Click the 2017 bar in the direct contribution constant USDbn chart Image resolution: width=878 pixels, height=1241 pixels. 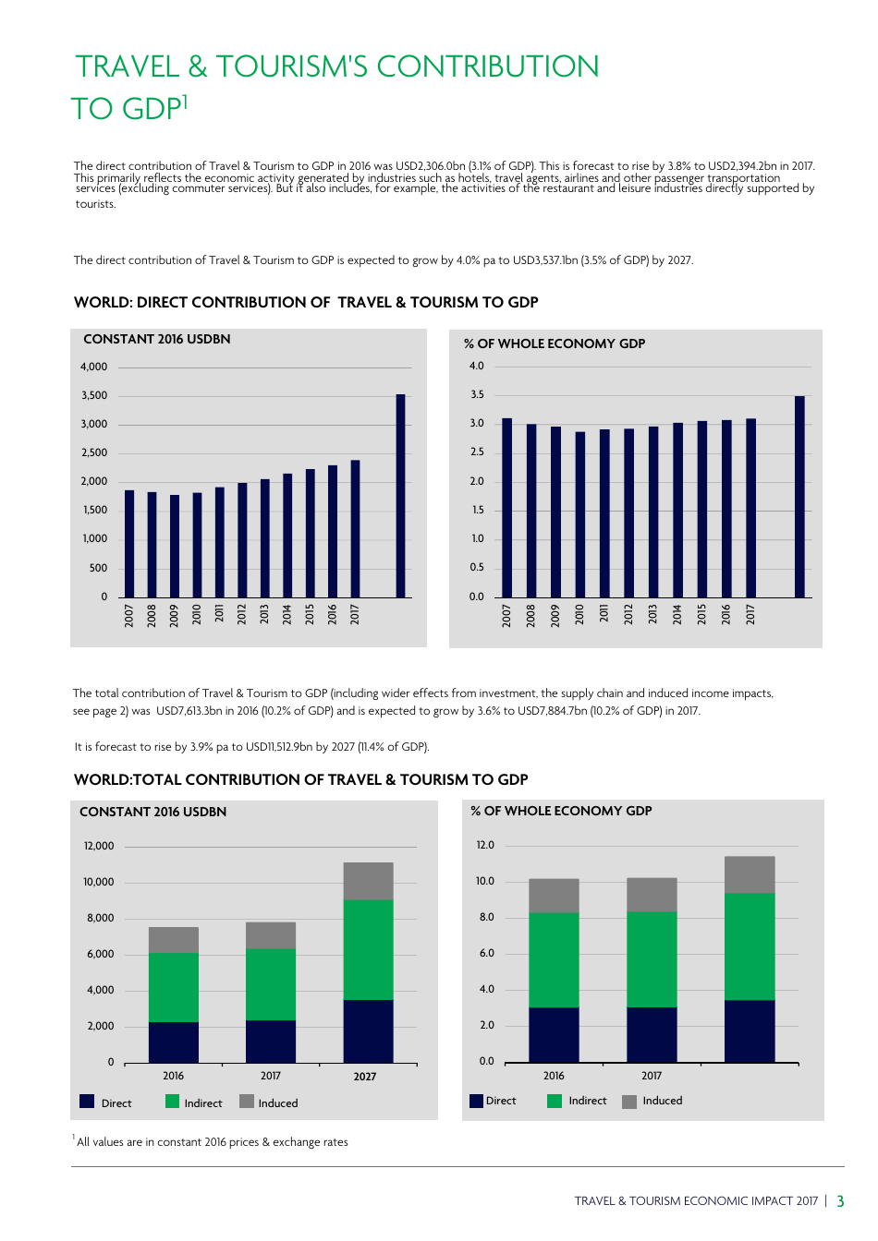pyautogui.click(x=355, y=528)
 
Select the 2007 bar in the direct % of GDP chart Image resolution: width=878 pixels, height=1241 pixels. pyautogui.click(x=506, y=508)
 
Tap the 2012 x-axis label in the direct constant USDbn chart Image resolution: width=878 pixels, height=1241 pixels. pyautogui.click(x=242, y=615)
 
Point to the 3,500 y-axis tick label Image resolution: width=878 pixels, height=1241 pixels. pyautogui.click(x=94, y=395)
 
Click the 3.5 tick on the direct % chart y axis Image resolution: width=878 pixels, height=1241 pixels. pyautogui.click(x=477, y=394)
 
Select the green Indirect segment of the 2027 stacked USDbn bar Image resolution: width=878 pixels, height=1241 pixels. pyautogui.click(x=368, y=949)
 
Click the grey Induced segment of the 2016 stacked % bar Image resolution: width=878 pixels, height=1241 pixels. pyautogui.click(x=554, y=896)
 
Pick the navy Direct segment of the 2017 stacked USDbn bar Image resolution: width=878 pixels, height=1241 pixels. pyautogui.click(x=271, y=1041)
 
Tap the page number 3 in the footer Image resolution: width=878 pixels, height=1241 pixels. pyautogui.click(x=840, y=1201)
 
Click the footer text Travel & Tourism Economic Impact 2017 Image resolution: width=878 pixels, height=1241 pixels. pyautogui.click(x=696, y=1201)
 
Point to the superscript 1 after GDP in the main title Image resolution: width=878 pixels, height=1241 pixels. pyautogui.click(x=185, y=101)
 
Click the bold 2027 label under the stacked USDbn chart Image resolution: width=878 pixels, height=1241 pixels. pyautogui.click(x=365, y=1077)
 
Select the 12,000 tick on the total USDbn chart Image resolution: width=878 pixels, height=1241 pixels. pyautogui.click(x=99, y=846)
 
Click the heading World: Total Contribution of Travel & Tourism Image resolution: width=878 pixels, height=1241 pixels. pyautogui.click(x=300, y=780)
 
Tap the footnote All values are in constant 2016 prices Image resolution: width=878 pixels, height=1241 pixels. pyautogui.click(x=212, y=1142)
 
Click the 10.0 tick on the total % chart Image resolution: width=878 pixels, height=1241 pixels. pyautogui.click(x=485, y=881)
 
